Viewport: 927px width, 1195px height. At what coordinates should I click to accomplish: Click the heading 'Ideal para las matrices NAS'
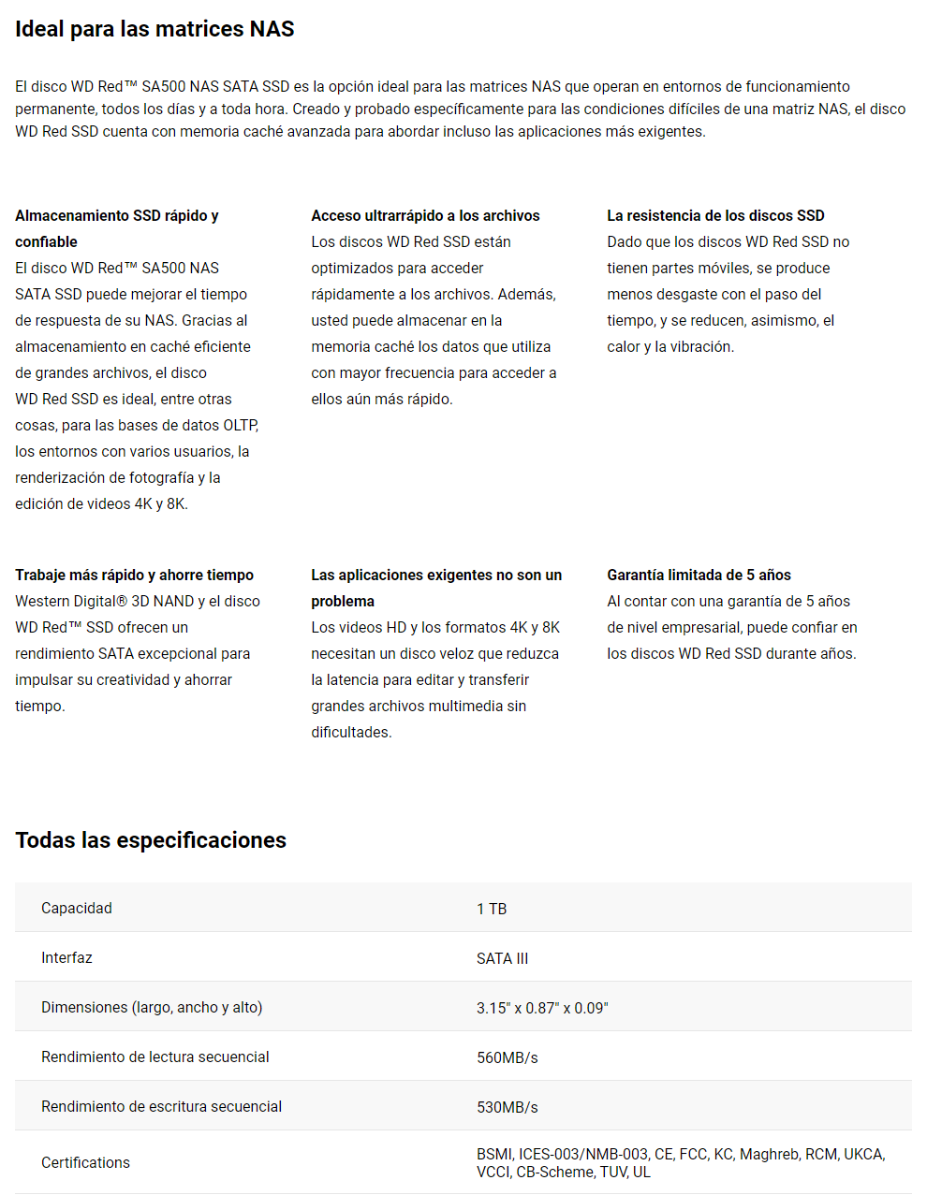click(x=154, y=29)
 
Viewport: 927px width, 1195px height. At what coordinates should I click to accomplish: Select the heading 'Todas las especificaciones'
click(x=151, y=840)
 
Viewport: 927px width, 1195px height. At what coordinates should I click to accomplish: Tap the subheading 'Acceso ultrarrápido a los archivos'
click(x=425, y=215)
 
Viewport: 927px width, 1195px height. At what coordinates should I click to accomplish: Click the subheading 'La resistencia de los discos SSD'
click(x=715, y=215)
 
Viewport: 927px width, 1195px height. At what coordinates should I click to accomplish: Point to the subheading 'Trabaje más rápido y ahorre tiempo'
click(x=134, y=575)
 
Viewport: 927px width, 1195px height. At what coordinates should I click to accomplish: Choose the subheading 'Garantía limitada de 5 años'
click(x=699, y=575)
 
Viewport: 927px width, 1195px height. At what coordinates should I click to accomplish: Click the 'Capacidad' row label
click(x=77, y=908)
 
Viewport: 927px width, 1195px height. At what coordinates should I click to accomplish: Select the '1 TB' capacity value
click(x=492, y=909)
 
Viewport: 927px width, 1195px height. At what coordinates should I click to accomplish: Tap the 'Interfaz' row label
click(x=66, y=957)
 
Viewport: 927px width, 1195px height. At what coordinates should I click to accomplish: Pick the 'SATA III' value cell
click(x=502, y=958)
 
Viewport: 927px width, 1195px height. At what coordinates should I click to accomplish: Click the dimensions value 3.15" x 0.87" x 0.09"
click(x=542, y=1008)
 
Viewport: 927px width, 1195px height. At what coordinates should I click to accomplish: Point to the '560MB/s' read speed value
click(x=507, y=1057)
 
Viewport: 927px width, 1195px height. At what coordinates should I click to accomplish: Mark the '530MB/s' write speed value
click(x=507, y=1107)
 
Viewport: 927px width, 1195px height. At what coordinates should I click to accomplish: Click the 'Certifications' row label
click(x=85, y=1162)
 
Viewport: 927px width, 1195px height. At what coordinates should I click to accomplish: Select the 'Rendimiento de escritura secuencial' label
click(x=161, y=1106)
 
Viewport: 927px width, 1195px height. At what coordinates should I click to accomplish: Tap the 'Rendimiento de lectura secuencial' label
click(x=154, y=1057)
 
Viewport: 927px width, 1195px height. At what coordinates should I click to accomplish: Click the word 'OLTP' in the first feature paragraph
click(x=240, y=425)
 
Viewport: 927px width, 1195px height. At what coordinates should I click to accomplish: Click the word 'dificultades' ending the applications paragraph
click(x=350, y=732)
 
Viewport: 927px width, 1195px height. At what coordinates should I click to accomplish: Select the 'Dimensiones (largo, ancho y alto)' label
click(x=152, y=1007)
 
